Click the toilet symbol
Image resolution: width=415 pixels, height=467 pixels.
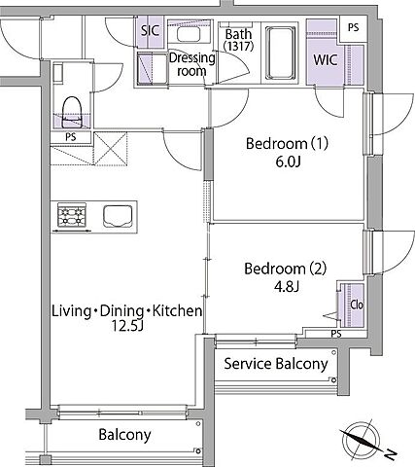click(x=71, y=112)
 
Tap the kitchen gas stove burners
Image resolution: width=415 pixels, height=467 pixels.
click(x=72, y=214)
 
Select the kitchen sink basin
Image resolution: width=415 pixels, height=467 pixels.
click(x=118, y=216)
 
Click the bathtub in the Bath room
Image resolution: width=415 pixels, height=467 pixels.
click(x=280, y=54)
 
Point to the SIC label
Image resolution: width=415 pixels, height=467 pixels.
click(x=151, y=30)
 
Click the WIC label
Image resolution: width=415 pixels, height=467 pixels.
click(x=326, y=60)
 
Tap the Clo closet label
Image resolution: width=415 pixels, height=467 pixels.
click(x=357, y=305)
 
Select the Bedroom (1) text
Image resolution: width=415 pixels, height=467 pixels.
click(x=287, y=143)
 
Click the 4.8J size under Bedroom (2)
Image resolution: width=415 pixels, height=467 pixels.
click(x=287, y=287)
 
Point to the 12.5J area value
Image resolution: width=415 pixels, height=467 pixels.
click(x=127, y=326)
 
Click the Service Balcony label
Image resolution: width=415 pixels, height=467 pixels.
click(x=276, y=364)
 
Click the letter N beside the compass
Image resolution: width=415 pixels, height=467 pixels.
click(x=391, y=454)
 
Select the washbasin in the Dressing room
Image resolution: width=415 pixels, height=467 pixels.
click(x=189, y=34)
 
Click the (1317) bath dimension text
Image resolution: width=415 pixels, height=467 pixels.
click(x=238, y=47)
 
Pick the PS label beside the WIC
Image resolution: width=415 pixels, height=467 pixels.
click(x=354, y=27)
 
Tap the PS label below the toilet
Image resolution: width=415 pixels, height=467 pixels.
click(x=71, y=137)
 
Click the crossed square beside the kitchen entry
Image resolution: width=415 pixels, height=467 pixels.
click(x=110, y=148)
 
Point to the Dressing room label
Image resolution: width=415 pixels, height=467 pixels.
click(x=192, y=64)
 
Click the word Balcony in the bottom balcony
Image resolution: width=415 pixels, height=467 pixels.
click(x=124, y=435)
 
